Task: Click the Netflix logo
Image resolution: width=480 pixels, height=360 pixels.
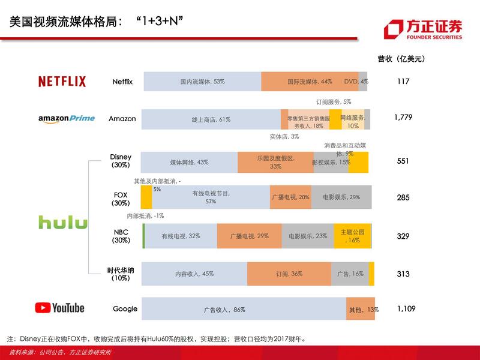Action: [x=62, y=82]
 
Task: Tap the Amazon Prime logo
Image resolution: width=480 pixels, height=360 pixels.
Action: [x=67, y=119]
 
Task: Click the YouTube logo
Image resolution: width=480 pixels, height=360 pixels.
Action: [x=59, y=308]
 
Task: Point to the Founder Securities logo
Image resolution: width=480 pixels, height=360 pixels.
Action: [x=423, y=29]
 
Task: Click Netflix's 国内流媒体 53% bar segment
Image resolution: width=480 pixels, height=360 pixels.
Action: [x=202, y=82]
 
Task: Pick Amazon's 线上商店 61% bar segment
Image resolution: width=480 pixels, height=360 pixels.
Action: [x=211, y=119]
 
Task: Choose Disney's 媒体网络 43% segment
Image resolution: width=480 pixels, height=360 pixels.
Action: [x=189, y=163]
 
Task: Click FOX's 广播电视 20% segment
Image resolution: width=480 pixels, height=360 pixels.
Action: [x=290, y=197]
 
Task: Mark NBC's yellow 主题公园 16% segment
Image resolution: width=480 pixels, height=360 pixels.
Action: [x=352, y=236]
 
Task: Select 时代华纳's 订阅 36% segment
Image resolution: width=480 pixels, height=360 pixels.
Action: [x=289, y=274]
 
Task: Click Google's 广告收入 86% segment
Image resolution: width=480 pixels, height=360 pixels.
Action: [x=244, y=309]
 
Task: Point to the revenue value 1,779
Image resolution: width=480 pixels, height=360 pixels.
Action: [x=403, y=118]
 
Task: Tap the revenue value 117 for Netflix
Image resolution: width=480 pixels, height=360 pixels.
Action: [x=403, y=81]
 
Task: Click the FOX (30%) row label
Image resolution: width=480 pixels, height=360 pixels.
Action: [x=121, y=199]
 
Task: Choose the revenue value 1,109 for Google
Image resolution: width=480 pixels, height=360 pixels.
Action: [x=406, y=308]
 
